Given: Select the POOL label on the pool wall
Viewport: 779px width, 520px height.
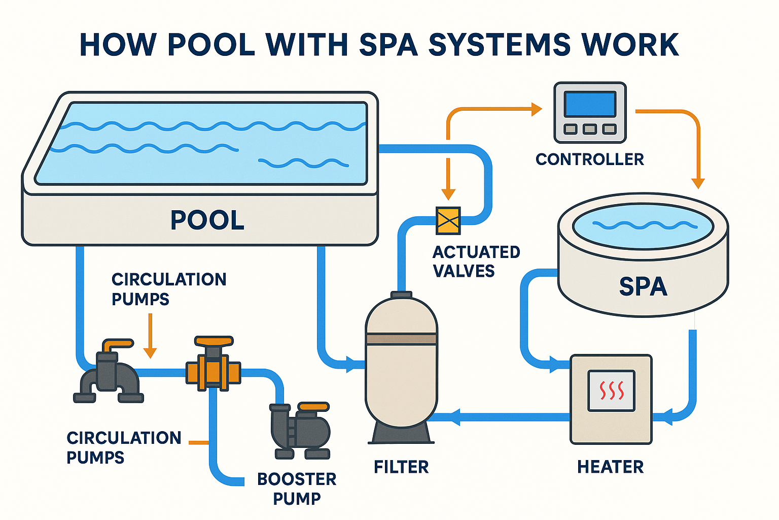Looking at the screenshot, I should tap(207, 220).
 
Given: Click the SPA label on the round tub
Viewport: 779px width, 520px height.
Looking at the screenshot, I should tap(643, 286).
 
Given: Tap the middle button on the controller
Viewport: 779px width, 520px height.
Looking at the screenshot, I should tap(590, 129).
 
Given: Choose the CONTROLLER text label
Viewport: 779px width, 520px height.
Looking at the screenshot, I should tap(589, 159).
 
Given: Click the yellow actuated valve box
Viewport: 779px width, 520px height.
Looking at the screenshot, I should tap(448, 220).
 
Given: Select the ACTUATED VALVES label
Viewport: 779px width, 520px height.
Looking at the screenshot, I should tap(476, 262).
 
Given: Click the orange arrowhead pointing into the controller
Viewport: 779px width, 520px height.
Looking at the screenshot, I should tap(537, 109).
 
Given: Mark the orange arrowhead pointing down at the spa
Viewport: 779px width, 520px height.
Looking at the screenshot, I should tap(698, 183).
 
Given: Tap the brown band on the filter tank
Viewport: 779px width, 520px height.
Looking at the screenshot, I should tap(401, 339).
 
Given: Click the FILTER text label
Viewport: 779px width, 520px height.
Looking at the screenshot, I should tap(401, 467).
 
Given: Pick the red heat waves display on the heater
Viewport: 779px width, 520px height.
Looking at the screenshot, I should tap(611, 391).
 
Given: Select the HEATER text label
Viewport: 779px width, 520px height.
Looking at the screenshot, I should tap(610, 467).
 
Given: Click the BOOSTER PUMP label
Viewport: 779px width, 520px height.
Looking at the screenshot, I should tap(297, 489).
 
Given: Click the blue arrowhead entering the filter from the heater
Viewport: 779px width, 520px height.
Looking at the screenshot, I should tap(453, 417).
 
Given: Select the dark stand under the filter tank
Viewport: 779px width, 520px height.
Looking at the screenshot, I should tap(401, 433).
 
